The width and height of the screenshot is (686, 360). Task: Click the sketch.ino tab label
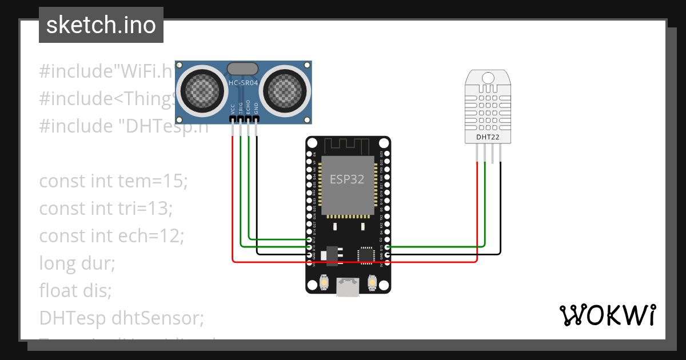click(x=101, y=25)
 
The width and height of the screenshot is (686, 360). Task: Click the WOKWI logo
click(x=607, y=315)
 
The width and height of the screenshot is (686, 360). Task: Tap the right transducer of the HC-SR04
click(x=285, y=90)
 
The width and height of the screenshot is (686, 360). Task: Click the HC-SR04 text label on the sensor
click(x=244, y=83)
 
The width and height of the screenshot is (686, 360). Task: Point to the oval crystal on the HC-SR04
click(x=243, y=69)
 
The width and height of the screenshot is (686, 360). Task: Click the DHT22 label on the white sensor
click(x=488, y=137)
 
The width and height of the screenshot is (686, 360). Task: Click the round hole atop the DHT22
click(x=488, y=77)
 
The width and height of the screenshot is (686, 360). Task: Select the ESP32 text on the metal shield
click(x=347, y=179)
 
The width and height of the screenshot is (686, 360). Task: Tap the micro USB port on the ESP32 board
click(x=348, y=287)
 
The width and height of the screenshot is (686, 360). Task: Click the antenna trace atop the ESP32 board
click(x=348, y=145)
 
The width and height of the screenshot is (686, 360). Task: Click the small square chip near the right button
click(x=366, y=255)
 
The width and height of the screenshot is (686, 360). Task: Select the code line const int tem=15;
click(x=113, y=182)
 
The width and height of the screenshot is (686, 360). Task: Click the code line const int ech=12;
click(x=111, y=236)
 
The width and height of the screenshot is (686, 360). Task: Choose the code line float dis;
click(x=75, y=290)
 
